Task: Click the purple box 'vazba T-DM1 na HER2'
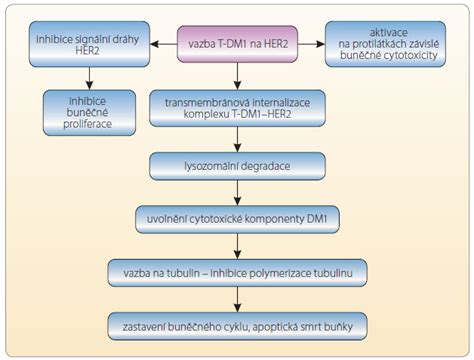click(237, 45)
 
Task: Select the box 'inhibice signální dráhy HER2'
click(89, 45)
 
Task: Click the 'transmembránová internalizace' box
click(237, 107)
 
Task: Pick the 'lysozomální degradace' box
click(237, 162)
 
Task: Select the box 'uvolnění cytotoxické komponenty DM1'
click(237, 217)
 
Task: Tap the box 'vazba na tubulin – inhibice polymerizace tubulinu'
click(237, 272)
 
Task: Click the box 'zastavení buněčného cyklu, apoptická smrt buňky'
click(237, 326)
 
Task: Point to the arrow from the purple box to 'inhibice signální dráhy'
click(163, 45)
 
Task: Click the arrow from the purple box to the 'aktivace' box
click(310, 45)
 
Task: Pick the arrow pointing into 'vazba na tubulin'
click(237, 246)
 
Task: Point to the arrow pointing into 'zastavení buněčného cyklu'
click(237, 300)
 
